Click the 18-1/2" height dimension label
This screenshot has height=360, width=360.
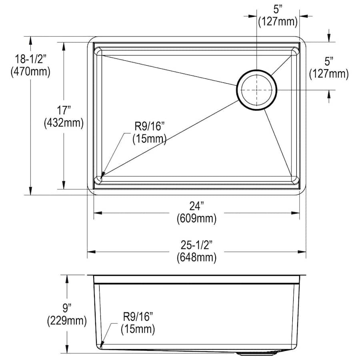[31, 59]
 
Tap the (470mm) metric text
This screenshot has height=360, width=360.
[30, 72]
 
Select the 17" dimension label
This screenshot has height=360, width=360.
[64, 110]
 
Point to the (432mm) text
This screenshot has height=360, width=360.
[64, 123]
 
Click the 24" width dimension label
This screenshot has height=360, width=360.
[197, 206]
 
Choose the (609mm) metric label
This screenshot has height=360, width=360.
[196, 218]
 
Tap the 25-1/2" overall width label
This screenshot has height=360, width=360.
[196, 245]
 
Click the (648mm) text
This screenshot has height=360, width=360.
[196, 257]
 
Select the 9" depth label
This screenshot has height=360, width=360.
[67, 308]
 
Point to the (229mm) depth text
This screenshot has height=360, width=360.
[67, 320]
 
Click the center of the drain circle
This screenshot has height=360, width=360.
[257, 90]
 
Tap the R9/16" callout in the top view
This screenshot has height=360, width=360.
[150, 126]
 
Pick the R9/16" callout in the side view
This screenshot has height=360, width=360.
[138, 317]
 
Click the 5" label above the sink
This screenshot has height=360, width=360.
[278, 10]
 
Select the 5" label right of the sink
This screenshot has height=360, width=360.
[329, 62]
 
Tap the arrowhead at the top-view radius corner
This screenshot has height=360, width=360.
[103, 175]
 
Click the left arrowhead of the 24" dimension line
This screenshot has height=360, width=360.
[98, 213]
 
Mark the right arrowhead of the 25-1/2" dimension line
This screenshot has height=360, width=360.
[302, 252]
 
